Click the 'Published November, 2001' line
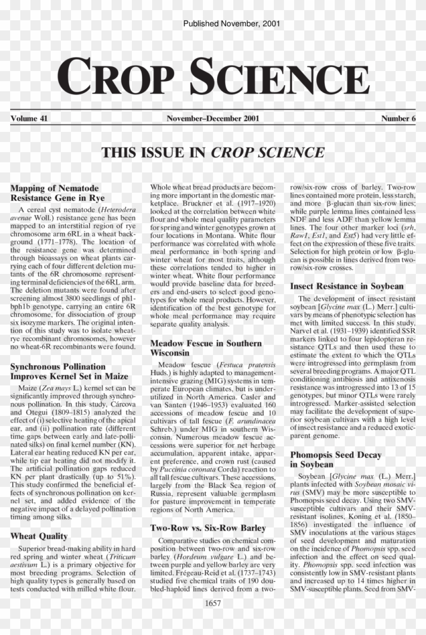pyautogui.click(x=231, y=23)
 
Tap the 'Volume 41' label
pyautogui.click(x=29, y=119)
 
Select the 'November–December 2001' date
pyautogui.click(x=213, y=119)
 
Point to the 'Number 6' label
pyautogui.click(x=398, y=119)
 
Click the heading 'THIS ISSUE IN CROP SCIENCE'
pyautogui.click(x=213, y=152)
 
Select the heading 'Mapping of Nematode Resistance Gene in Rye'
pyautogui.click(x=55, y=193)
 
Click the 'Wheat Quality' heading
pyautogui.click(x=39, y=536)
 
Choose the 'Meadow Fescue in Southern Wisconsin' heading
pyautogui.click(x=206, y=348)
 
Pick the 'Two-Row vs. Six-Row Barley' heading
pyautogui.click(x=208, y=528)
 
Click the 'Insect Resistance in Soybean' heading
pyautogui.click(x=347, y=286)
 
